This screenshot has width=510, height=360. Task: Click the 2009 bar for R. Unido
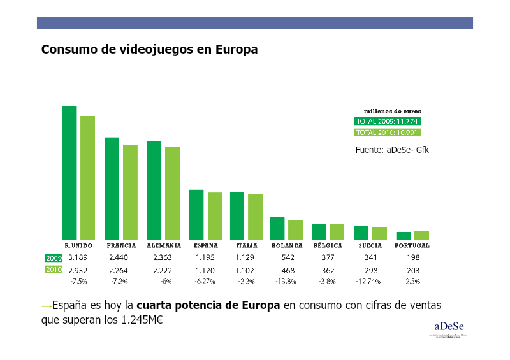[x=69, y=173]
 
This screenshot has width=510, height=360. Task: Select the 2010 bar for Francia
[x=130, y=192]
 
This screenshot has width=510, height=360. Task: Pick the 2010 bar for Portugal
[x=421, y=235]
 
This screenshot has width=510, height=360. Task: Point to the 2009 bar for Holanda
[x=277, y=228]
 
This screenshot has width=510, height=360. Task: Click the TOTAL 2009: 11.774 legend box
[x=387, y=121]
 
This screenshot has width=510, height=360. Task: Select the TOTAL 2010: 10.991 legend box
[x=387, y=133]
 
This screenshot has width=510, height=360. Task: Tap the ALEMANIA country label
[x=164, y=245]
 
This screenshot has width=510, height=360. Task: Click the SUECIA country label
[x=370, y=245]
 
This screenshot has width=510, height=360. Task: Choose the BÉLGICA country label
[x=328, y=245]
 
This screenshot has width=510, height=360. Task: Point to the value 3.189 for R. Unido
[x=77, y=257]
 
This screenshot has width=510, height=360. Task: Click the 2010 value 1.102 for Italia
[x=246, y=270]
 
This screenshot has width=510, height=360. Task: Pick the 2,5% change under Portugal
[x=412, y=281]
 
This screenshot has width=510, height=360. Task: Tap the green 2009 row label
[x=53, y=258]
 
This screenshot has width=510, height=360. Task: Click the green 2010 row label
[x=53, y=270]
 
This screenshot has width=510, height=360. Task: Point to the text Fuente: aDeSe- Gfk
[x=392, y=150]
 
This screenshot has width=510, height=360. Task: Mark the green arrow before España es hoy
[x=46, y=306]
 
